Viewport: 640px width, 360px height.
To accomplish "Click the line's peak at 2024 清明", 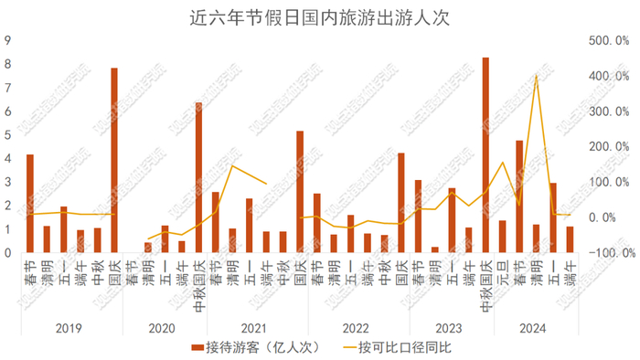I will pos(536,76).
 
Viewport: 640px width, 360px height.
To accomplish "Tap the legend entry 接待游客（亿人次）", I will pos(247,348).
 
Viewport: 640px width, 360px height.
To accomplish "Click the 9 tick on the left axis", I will pos(7,41).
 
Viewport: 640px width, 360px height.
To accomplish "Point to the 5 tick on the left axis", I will pos(7,135).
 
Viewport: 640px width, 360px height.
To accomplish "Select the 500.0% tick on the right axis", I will pos(609,41).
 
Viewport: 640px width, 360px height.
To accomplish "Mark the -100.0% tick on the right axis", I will pos(609,252).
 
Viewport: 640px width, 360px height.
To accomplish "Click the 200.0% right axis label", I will pos(609,147).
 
